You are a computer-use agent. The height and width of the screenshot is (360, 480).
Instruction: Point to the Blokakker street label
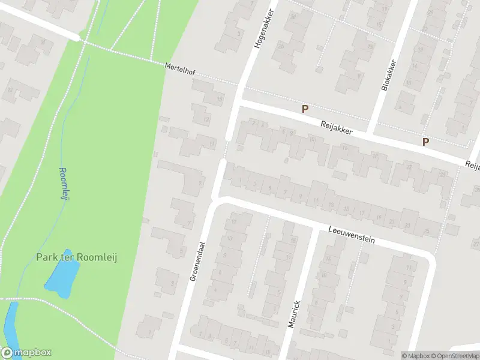click(x=388, y=75)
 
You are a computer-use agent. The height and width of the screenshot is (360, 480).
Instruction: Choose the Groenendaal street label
click(x=194, y=264)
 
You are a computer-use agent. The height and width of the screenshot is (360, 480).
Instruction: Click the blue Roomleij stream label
click(x=62, y=185)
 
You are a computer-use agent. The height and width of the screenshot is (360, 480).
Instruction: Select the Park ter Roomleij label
click(x=76, y=257)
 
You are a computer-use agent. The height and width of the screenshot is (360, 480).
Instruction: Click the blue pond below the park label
click(x=62, y=280)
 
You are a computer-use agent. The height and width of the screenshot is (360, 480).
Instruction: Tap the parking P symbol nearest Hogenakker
click(x=305, y=109)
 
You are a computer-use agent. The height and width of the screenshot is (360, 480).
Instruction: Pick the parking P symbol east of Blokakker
click(x=426, y=142)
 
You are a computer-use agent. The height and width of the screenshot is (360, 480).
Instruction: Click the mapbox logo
click(x=26, y=353)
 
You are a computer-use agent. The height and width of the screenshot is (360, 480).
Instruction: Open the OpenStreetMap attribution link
click(x=455, y=355)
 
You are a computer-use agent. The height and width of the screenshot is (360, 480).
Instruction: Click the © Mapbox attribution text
click(x=415, y=355)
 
